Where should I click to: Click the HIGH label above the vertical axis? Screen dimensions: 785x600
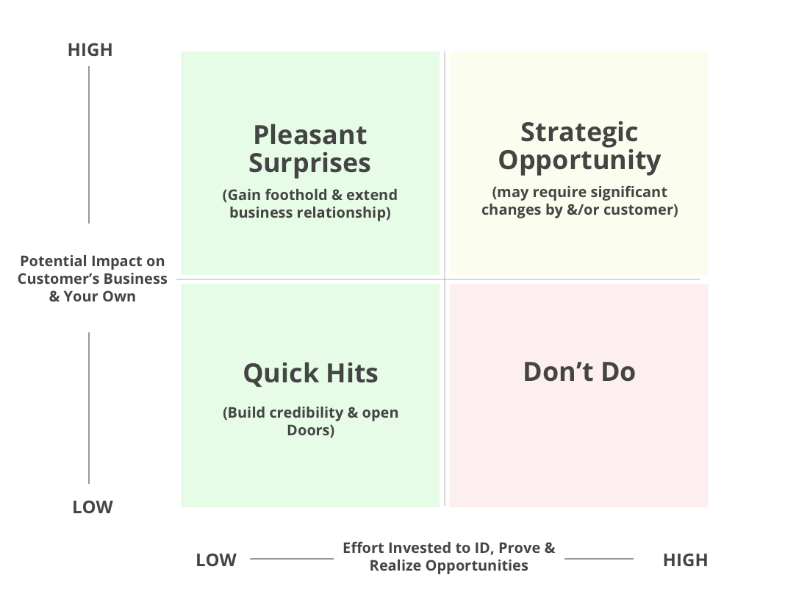click(90, 50)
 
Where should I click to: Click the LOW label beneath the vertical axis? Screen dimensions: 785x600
click(93, 507)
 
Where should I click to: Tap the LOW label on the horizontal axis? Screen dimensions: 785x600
click(216, 560)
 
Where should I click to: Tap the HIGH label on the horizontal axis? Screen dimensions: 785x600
click(685, 560)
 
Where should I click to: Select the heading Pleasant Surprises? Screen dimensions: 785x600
click(310, 149)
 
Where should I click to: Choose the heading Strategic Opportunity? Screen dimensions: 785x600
click(579, 146)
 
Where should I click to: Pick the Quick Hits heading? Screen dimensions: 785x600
click(310, 373)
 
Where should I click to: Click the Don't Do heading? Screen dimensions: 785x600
click(579, 371)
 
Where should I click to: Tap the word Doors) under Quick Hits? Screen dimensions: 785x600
click(310, 430)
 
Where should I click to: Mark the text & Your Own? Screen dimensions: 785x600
click(93, 296)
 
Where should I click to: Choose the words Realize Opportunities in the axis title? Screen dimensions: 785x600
click(448, 565)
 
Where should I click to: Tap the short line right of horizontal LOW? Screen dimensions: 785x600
click(292, 558)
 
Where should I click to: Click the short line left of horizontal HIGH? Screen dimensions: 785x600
click(599, 558)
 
